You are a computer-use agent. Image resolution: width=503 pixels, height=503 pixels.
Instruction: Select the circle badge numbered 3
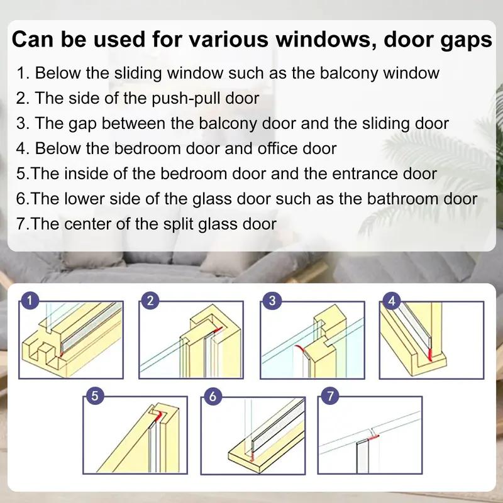click(x=271, y=301)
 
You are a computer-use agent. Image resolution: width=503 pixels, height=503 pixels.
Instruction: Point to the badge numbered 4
click(x=392, y=301)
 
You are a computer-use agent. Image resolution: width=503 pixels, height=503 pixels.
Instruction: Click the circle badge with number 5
click(x=94, y=396)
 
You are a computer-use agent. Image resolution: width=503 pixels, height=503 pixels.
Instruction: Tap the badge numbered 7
click(x=329, y=396)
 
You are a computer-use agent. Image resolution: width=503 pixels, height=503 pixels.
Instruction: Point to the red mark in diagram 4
click(x=429, y=356)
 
